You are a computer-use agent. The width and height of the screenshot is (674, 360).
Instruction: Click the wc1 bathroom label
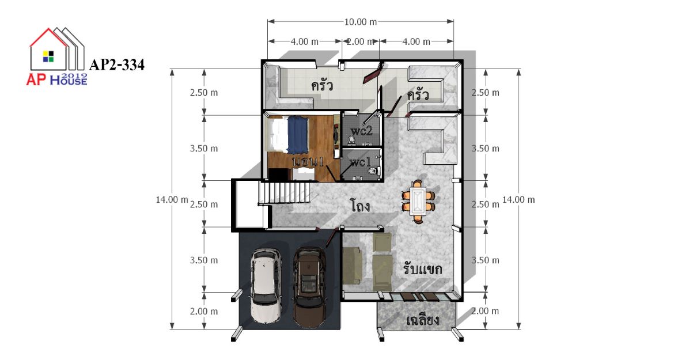tap(360, 162)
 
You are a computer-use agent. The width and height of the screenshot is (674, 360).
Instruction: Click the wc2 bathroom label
tap(362, 131)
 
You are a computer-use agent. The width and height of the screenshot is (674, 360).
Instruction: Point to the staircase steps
tap(284, 194)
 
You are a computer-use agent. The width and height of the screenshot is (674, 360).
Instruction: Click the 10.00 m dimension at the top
tap(360, 21)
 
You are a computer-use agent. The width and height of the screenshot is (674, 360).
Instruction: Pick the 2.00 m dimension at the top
tap(361, 41)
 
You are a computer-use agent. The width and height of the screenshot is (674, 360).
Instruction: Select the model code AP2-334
tap(116, 65)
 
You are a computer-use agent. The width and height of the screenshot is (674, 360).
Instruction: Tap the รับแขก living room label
tap(422, 269)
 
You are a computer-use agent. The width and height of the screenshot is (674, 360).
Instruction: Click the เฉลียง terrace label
tap(422, 320)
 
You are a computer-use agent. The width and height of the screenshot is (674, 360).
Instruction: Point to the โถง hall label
tap(360, 206)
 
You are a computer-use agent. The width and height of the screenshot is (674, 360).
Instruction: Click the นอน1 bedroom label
tap(308, 162)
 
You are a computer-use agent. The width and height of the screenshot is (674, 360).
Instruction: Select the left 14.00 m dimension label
tap(172, 200)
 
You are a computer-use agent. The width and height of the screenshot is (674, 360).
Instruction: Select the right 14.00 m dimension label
tap(518, 200)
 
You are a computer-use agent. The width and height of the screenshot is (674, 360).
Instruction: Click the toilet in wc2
tap(351, 139)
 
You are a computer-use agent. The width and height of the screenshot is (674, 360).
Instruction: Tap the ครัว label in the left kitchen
tap(322, 86)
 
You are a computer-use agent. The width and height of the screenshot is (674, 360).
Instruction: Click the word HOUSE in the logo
tap(69, 80)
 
